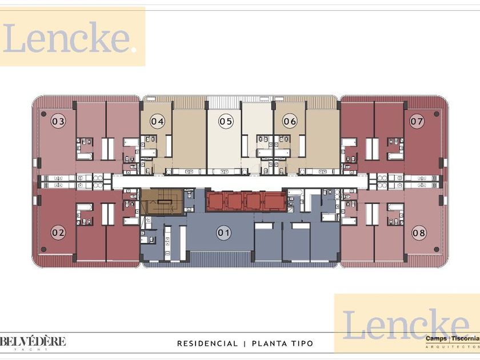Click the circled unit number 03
point(58,121)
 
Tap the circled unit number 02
point(58,233)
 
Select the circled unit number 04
point(157,121)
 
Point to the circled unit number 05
point(226,121)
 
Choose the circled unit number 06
point(290,121)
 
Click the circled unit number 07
point(417,121)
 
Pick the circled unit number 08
point(419,233)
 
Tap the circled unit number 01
point(223,233)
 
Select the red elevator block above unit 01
point(246,201)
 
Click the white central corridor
point(240,182)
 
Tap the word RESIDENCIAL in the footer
point(207,343)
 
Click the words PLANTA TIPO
point(282,343)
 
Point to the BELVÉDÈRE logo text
point(33,341)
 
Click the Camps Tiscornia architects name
point(453,338)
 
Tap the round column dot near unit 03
point(44,114)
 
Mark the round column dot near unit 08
point(437,250)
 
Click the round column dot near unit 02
point(44,250)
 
